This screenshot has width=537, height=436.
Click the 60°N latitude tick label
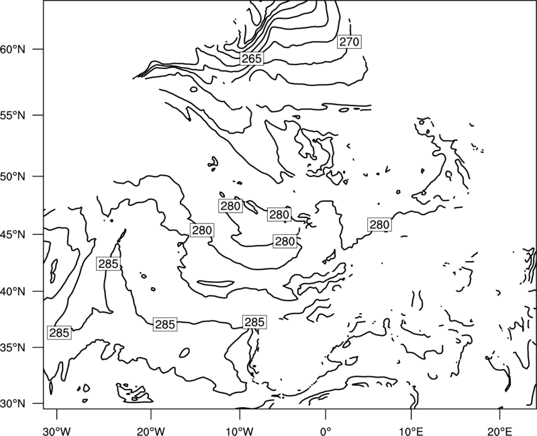13,49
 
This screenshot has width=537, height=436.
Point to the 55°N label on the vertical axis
13,115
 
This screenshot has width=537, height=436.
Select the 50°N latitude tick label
13,176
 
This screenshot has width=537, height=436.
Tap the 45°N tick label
13,234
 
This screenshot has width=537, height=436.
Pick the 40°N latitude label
13,292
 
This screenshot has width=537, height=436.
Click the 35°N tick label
13,347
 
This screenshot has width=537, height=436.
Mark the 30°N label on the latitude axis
13,404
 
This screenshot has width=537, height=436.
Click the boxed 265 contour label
252,58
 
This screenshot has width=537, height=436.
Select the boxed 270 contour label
349,42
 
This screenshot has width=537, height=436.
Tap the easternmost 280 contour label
379,225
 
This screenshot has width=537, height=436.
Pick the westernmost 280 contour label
202,230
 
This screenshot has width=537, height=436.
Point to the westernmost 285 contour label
60,333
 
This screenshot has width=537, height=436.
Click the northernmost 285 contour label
108,264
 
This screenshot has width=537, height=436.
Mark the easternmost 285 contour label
254,322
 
